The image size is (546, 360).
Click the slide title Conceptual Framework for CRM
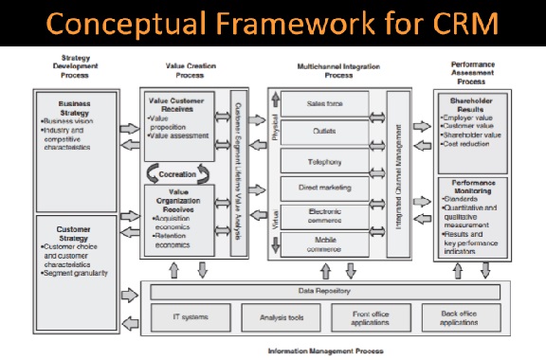[272, 23]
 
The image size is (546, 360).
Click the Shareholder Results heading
[471, 103]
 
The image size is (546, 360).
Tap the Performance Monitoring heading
[471, 187]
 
